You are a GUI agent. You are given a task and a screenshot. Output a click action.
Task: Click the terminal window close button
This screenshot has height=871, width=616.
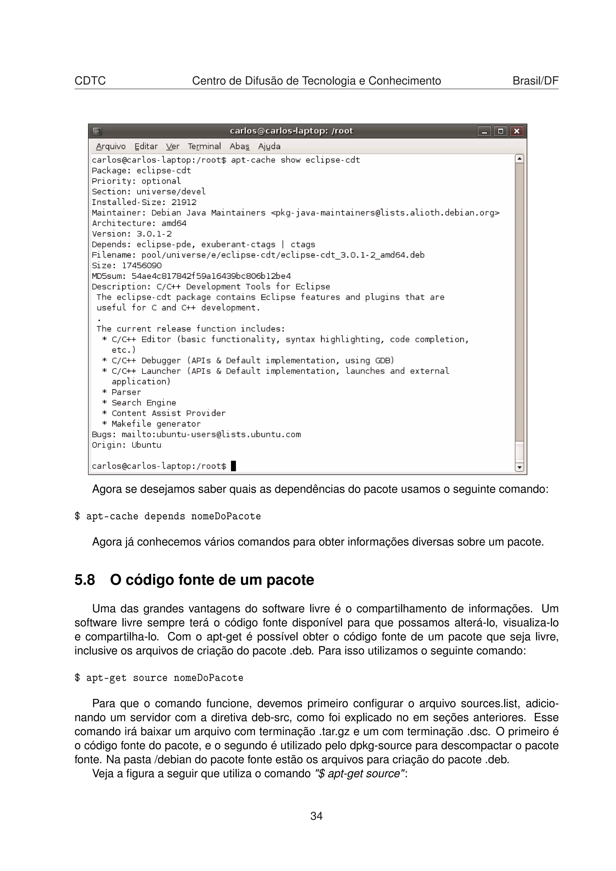pos(516,131)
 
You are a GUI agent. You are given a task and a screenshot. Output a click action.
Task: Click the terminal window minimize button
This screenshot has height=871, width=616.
pos(484,131)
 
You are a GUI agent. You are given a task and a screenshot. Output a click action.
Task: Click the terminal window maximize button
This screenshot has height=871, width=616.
pos(500,131)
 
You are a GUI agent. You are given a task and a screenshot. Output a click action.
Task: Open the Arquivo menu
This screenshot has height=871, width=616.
pos(110,146)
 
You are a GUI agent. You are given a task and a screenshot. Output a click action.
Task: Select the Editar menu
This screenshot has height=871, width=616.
pos(146,146)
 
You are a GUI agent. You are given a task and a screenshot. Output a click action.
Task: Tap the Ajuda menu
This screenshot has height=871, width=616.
pos(269,146)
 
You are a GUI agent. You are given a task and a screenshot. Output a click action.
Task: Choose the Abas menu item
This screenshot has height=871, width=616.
pos(239,146)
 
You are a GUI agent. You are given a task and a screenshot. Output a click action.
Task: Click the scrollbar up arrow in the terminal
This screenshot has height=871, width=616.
pos(519,159)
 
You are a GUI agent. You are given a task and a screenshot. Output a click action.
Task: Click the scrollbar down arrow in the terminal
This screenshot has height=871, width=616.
pos(519,467)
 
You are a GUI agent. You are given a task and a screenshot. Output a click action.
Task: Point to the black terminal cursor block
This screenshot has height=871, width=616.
pos(233,466)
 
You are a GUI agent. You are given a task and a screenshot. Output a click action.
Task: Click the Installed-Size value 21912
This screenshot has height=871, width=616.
pos(184,202)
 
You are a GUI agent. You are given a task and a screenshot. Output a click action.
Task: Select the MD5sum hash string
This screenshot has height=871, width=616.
pos(211,276)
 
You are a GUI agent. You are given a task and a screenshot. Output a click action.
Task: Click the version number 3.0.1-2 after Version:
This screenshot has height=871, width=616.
pos(154,234)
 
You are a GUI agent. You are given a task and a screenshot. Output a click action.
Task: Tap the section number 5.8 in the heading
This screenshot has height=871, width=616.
pos(85,580)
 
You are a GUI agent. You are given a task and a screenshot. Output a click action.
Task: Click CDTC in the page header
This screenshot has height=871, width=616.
pos(90,81)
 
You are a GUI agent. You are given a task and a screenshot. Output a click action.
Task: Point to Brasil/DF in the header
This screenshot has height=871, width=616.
pos(535,81)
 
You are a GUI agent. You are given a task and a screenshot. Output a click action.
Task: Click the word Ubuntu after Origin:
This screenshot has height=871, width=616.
pos(146,445)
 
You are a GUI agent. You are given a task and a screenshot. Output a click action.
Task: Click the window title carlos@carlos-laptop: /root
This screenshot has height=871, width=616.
pos(291,131)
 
